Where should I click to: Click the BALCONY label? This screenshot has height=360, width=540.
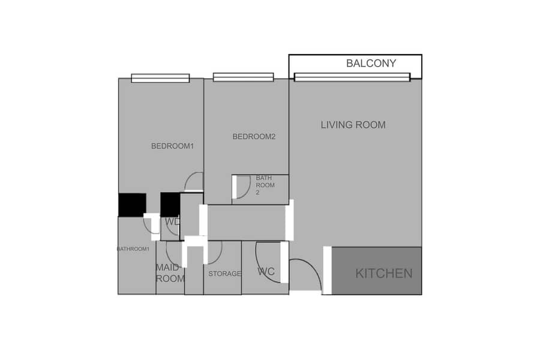tap(371, 64)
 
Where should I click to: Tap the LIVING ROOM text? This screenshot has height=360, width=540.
tap(353, 125)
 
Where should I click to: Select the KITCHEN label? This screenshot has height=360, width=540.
tap(384, 274)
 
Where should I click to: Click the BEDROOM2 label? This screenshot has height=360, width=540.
tap(254, 137)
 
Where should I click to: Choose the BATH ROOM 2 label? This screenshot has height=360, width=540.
tap(265, 185)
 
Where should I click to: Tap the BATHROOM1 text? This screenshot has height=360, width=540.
tap(133, 249)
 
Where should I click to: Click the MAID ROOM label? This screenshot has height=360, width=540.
tap(170, 273)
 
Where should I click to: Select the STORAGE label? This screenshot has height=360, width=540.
tap(224, 274)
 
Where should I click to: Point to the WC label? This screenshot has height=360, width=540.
tap(266, 272)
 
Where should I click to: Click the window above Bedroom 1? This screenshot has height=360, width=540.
tap(160, 78)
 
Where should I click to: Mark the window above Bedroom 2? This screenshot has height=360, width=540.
tap(243, 77)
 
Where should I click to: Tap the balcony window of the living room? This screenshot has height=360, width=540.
tap(352, 77)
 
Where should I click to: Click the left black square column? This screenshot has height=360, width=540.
tap(132, 205)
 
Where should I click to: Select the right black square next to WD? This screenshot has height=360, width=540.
tap(170, 205)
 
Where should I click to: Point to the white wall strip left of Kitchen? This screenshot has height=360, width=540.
tap(327, 270)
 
